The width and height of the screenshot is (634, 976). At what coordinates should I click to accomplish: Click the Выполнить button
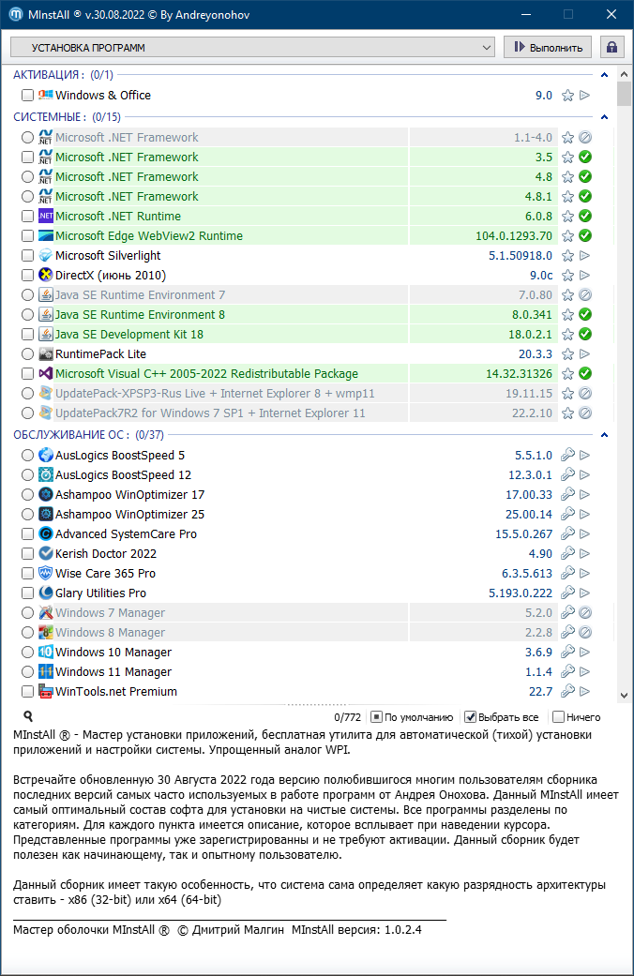548,47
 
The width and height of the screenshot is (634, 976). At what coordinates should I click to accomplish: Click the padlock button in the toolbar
611,47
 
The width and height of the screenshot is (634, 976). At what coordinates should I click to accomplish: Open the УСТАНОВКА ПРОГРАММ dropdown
252,47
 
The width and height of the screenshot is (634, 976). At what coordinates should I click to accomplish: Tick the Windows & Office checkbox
27,96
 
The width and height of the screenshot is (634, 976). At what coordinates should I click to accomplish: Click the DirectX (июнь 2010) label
110,276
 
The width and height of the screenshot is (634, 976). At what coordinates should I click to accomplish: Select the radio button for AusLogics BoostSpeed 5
27,456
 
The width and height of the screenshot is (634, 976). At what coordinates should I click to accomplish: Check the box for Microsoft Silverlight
27,256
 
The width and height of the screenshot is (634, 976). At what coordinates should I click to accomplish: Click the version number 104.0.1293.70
514,236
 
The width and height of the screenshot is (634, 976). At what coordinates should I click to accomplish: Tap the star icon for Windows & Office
567,96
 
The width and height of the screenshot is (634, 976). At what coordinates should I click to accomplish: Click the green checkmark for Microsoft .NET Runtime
584,217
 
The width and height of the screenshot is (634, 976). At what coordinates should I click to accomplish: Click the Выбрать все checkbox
471,717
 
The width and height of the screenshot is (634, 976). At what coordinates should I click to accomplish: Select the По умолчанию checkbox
376,717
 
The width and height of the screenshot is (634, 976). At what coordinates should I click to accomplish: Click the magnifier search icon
28,716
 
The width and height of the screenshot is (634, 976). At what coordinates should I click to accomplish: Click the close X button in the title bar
611,14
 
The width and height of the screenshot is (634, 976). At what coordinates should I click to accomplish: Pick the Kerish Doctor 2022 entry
106,554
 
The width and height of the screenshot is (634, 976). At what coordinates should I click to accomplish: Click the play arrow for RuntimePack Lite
584,354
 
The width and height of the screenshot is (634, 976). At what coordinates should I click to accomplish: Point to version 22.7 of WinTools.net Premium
540,692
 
